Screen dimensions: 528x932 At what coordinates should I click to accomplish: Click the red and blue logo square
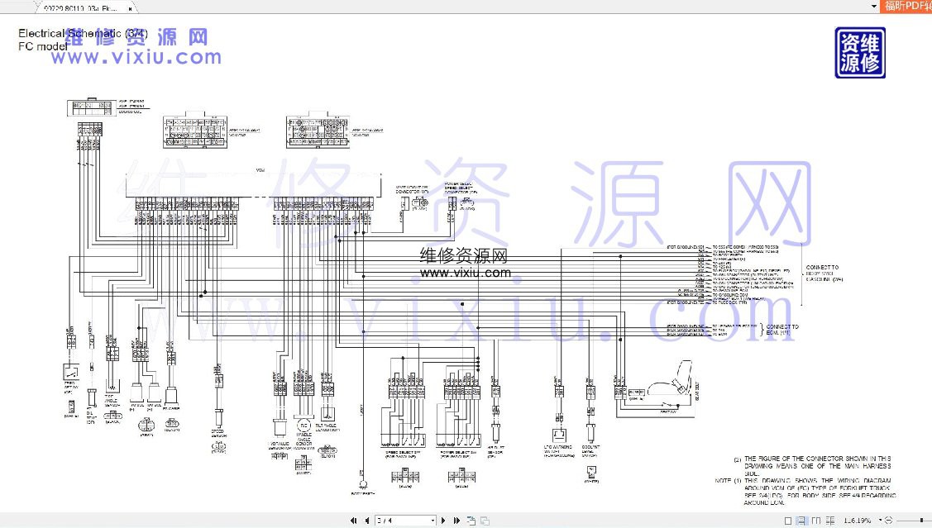coord(860,53)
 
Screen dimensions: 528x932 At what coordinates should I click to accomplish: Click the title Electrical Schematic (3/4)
coord(83,34)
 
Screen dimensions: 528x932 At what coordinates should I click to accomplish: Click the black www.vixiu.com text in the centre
coord(466,273)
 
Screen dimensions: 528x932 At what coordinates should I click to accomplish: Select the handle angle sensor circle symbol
coord(303,426)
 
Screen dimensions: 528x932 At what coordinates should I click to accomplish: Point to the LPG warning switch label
coord(559,450)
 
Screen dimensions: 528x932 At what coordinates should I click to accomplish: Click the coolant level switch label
coord(590,450)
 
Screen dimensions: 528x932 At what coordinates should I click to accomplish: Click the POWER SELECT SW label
coord(457,452)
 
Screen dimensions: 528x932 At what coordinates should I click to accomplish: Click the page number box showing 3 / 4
coord(405,521)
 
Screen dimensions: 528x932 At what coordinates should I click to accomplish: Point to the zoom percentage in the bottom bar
coord(857,521)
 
